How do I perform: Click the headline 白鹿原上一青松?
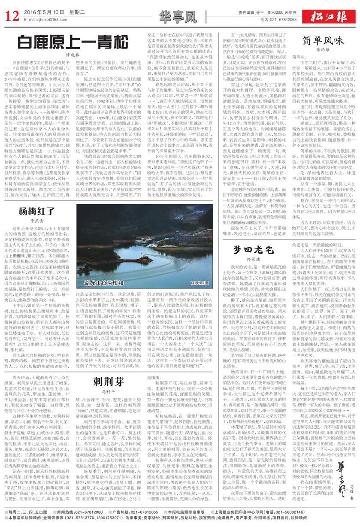[x=73, y=42]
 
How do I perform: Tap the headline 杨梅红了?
[x=36, y=175]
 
